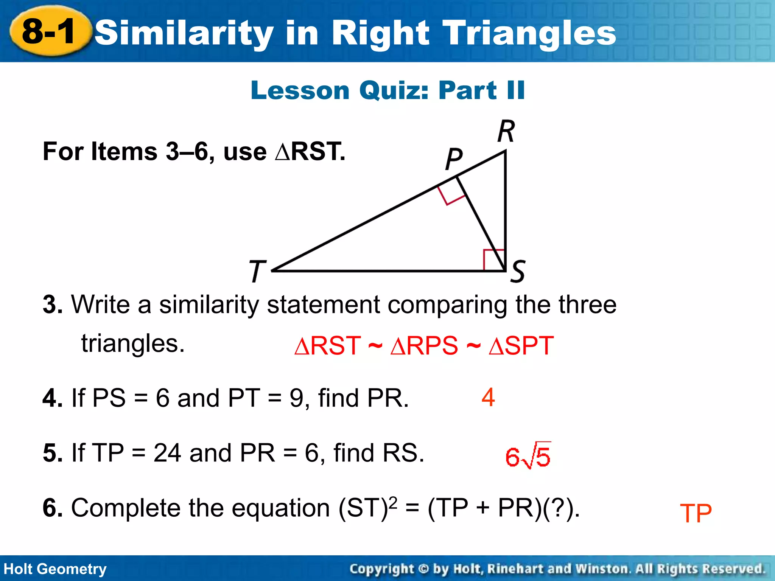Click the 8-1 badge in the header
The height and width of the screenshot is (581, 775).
tap(50, 31)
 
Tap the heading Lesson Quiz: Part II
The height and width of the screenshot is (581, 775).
tap(387, 90)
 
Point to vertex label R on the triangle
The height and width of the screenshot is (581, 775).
tap(506, 131)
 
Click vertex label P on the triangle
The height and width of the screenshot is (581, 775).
tap(454, 159)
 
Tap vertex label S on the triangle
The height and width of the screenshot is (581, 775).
tap(518, 271)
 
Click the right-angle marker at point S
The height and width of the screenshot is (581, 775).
tap(494, 259)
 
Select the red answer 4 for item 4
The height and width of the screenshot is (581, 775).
tap(488, 398)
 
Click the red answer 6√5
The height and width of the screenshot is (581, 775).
tap(528, 456)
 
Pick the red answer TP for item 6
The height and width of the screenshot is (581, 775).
tap(696, 513)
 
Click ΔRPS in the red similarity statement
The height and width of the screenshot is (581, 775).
tap(424, 346)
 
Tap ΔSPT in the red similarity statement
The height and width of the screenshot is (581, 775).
tap(521, 346)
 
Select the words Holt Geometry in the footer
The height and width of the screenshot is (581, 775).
tap(55, 569)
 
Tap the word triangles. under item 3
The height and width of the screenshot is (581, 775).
tap(133, 343)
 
